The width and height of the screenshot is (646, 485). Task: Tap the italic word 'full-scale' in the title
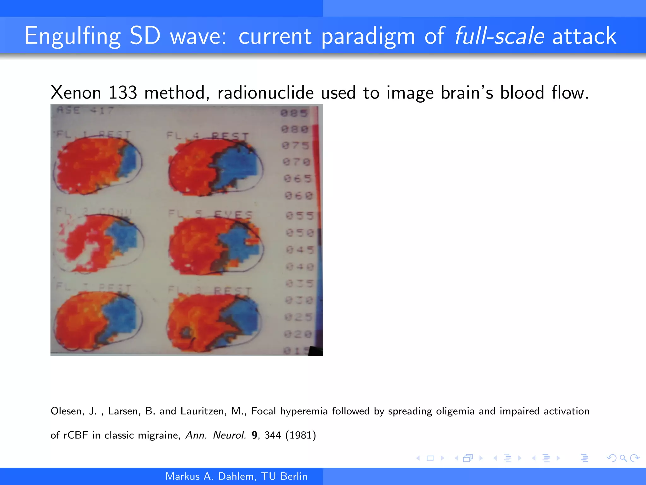(499, 36)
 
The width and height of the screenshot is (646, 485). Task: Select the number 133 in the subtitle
(123, 93)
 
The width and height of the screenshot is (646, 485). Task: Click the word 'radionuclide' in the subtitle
(265, 93)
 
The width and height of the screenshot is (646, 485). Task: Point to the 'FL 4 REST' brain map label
(208, 136)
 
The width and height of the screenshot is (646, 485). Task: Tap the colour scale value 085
(294, 113)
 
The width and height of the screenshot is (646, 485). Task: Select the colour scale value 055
(300, 216)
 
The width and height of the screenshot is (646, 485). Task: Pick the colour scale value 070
(297, 162)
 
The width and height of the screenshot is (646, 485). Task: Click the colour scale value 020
(298, 334)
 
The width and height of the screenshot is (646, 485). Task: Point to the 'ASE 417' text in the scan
(85, 111)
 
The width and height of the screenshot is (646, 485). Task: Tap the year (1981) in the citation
(300, 435)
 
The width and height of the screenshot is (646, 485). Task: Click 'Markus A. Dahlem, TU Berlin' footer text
(236, 476)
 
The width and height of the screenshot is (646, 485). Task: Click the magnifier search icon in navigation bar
(623, 458)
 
